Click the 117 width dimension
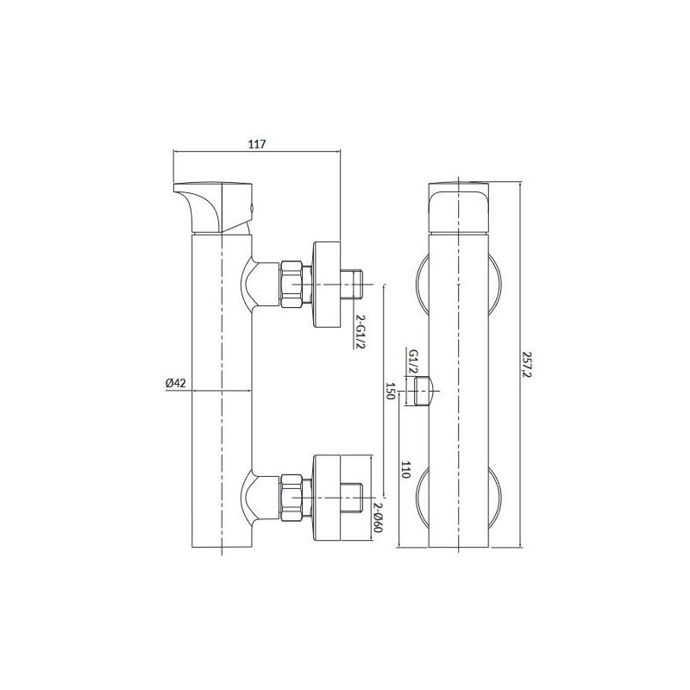tap(256, 144)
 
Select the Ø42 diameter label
tap(175, 384)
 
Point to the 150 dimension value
tap(389, 391)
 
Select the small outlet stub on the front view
tap(423, 390)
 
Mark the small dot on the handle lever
tap(251, 208)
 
